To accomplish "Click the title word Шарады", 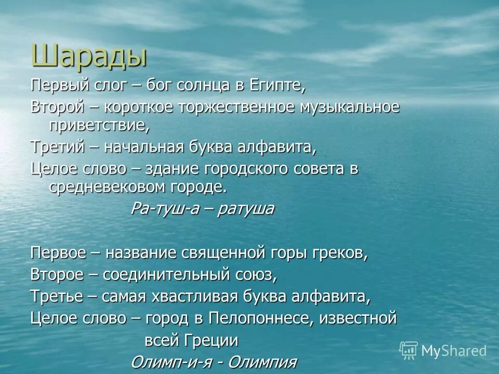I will [x=89, y=56].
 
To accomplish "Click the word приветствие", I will [x=99, y=125].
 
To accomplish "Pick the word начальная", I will [x=142, y=147].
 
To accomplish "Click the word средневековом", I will [x=111, y=187].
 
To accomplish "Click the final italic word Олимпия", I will [x=262, y=362].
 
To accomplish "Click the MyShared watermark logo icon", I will [x=409, y=350].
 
